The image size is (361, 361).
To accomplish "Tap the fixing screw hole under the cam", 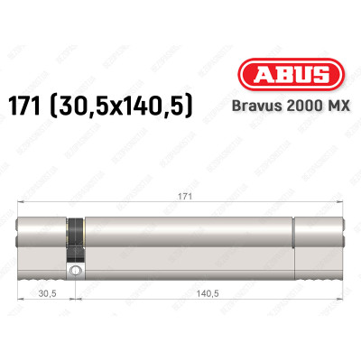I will point(76,269).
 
